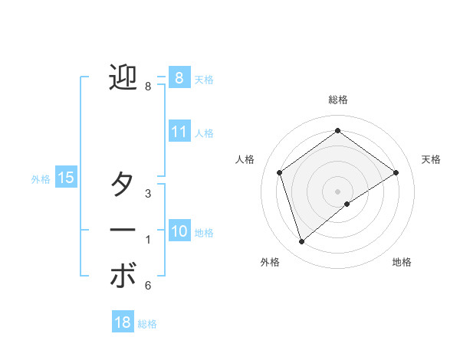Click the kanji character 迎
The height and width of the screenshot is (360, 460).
click(x=123, y=78)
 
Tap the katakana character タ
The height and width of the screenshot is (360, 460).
click(x=123, y=185)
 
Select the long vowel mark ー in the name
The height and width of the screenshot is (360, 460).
click(x=123, y=229)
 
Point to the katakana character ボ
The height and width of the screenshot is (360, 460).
click(x=123, y=277)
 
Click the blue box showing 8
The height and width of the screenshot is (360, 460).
click(x=179, y=78)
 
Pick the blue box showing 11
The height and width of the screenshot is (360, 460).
click(x=179, y=132)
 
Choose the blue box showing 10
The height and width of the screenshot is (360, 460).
click(x=179, y=232)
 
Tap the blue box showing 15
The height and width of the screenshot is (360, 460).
click(x=65, y=178)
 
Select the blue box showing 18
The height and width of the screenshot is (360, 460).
click(x=123, y=322)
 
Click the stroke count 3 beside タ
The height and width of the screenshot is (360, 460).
click(x=148, y=194)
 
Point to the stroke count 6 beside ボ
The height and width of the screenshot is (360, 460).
click(x=148, y=286)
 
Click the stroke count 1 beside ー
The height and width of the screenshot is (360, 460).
click(x=148, y=240)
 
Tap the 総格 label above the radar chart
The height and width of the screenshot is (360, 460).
click(x=338, y=100)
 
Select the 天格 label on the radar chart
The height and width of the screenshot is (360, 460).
click(x=431, y=159)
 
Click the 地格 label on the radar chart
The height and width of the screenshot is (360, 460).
click(x=402, y=262)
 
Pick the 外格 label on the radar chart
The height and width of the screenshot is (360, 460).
click(x=270, y=262)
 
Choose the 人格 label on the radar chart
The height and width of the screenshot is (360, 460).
click(x=245, y=159)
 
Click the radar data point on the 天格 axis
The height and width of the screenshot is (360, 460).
click(x=396, y=172)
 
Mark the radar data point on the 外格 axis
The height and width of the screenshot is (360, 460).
click(x=301, y=242)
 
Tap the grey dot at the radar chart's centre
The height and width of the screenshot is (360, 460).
click(x=337, y=191)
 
